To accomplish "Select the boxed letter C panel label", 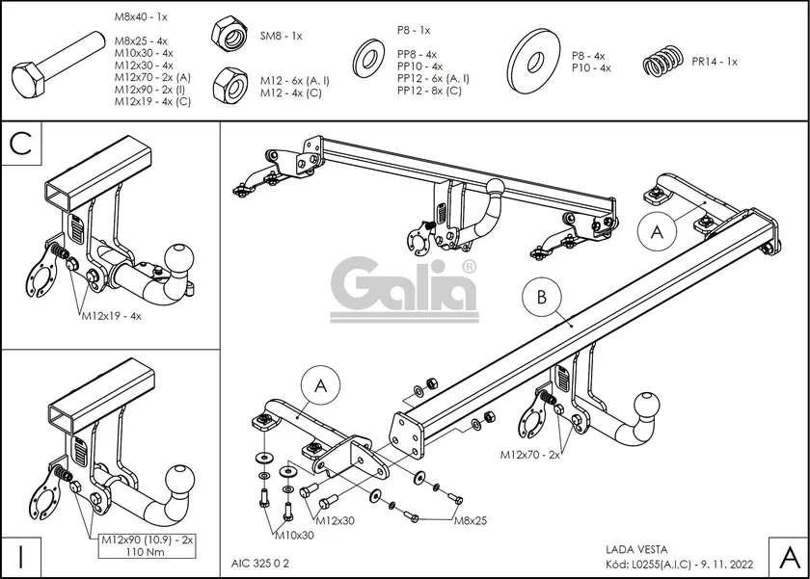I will (x=23, y=145).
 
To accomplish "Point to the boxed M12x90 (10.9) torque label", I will (x=146, y=547).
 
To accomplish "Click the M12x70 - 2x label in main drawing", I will (x=529, y=453).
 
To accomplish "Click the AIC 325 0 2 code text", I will (x=260, y=561).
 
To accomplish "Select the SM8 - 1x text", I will (x=281, y=36).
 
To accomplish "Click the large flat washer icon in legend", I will (x=533, y=61).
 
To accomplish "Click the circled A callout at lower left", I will (x=320, y=386).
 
